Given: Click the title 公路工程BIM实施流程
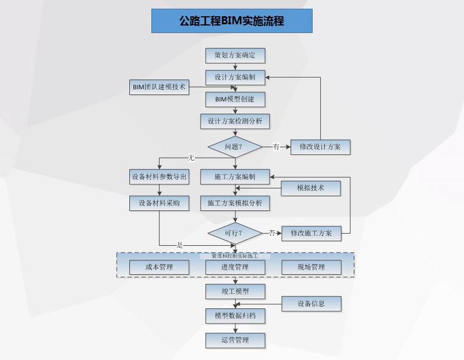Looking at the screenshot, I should pyautogui.click(x=231, y=21).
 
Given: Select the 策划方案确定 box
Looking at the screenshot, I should pyautogui.click(x=235, y=56).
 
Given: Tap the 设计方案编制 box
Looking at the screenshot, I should pyautogui.click(x=235, y=77).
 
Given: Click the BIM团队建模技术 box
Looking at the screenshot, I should pyautogui.click(x=159, y=87).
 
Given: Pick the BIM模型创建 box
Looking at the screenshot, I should pyautogui.click(x=235, y=99).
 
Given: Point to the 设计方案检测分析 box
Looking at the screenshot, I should pyautogui.click(x=235, y=122).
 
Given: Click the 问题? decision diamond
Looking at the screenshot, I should pyautogui.click(x=235, y=147).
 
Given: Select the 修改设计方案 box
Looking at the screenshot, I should pyautogui.click(x=320, y=147).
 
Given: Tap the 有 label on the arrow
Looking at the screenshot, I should pyautogui.click(x=276, y=147).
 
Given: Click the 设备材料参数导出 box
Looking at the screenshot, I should pyautogui.click(x=159, y=177).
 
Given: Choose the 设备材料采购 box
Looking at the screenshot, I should pyautogui.click(x=159, y=203).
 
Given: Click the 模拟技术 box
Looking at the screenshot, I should pyautogui.click(x=311, y=188).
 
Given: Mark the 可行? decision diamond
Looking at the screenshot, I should pyautogui.click(x=235, y=233).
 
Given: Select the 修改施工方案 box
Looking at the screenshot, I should pyautogui.click(x=311, y=233).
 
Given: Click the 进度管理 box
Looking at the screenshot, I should pyautogui.click(x=235, y=267).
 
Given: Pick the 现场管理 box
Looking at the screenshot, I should pyautogui.click(x=311, y=267).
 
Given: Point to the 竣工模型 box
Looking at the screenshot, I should pyautogui.click(x=235, y=291).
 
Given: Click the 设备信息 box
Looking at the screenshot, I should pyautogui.click(x=311, y=303).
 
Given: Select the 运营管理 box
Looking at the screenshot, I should pyautogui.click(x=235, y=340).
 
